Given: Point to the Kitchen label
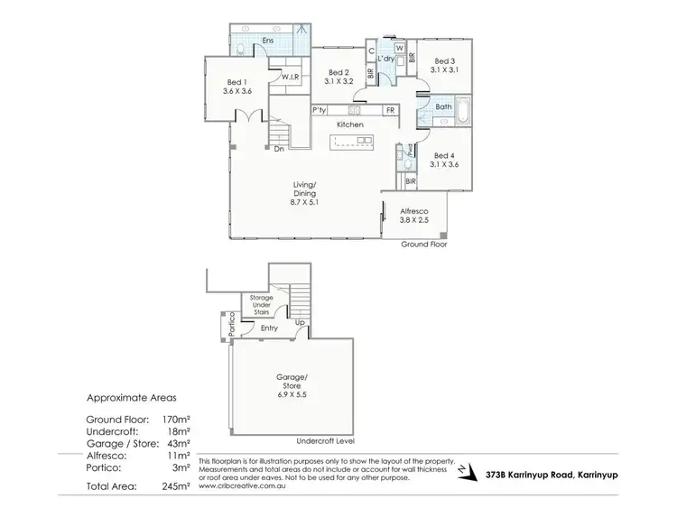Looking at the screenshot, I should pos(350,124).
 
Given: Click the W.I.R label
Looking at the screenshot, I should pos(290,78).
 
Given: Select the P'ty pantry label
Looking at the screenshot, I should pos(319,110).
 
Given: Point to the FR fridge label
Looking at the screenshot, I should pos(390,110).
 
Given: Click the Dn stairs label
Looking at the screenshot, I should pos(281,149).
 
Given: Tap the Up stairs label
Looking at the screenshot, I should pos(299,321).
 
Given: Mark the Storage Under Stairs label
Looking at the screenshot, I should pos(267,303).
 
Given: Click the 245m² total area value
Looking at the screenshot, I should pos(181,486).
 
